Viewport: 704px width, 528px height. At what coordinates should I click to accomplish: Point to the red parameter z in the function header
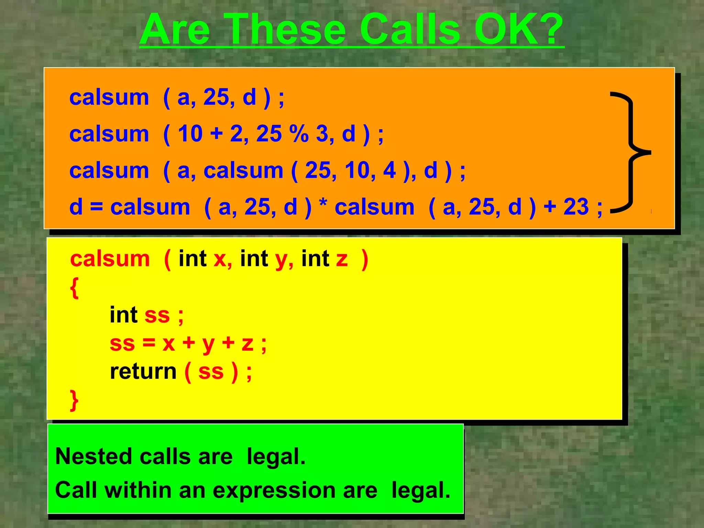coord(342,259)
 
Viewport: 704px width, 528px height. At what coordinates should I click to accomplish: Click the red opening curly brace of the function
coord(74,288)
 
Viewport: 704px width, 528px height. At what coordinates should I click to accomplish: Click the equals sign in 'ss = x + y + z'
coord(148,343)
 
